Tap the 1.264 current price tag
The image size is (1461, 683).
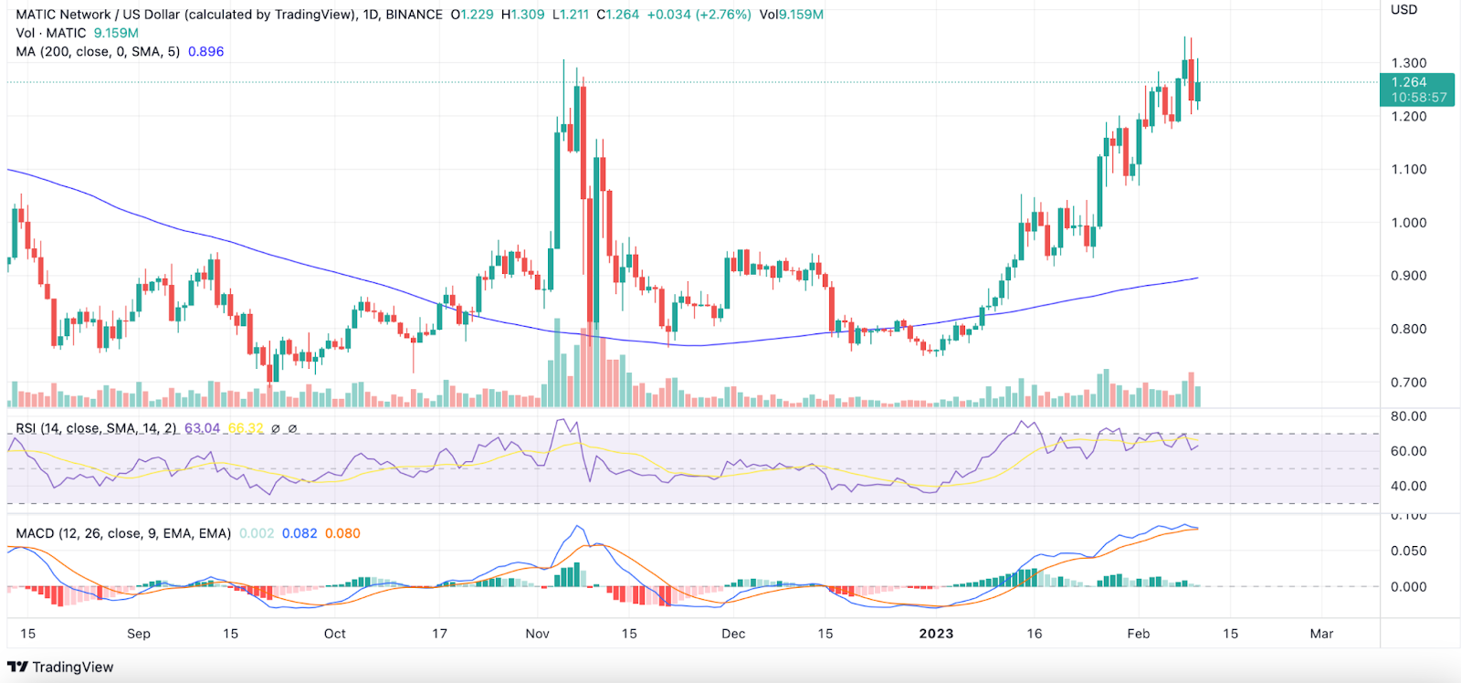pyautogui.click(x=1409, y=82)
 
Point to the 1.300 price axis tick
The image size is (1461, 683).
pyautogui.click(x=1408, y=63)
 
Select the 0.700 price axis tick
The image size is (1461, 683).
pyautogui.click(x=1408, y=383)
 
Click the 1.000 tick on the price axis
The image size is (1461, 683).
pyautogui.click(x=1408, y=223)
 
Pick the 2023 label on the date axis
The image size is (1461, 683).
pyautogui.click(x=936, y=634)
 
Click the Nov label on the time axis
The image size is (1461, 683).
pyautogui.click(x=538, y=634)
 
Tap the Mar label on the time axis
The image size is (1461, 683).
pyautogui.click(x=1321, y=634)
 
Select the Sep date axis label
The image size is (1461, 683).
pyautogui.click(x=139, y=634)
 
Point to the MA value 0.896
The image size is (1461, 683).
pyautogui.click(x=205, y=51)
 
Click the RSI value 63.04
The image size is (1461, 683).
pyautogui.click(x=202, y=428)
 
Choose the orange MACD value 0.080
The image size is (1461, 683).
pyautogui.click(x=342, y=533)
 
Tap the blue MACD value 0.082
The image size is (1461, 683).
pyautogui.click(x=300, y=533)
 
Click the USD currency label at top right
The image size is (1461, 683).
pyautogui.click(x=1403, y=10)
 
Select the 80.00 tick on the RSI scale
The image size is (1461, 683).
pyautogui.click(x=1408, y=416)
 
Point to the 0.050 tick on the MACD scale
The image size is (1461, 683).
pyautogui.click(x=1408, y=551)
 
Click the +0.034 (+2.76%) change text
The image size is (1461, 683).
pyautogui.click(x=699, y=15)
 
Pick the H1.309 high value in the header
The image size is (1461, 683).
pyautogui.click(x=522, y=15)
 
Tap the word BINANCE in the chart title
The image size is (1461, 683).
pyautogui.click(x=412, y=15)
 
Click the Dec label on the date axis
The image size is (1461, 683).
pyautogui.click(x=733, y=634)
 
